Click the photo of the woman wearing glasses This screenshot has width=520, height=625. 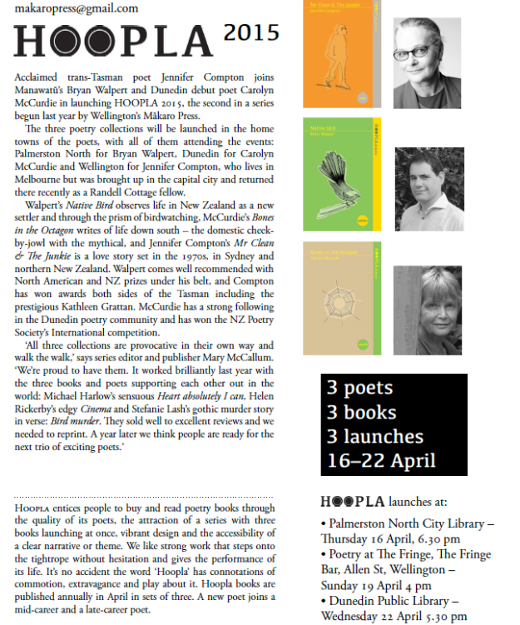pyautogui.click(x=427, y=62)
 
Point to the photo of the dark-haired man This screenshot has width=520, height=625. pyautogui.click(x=427, y=189)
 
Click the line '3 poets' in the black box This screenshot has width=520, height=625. pyautogui.click(x=359, y=389)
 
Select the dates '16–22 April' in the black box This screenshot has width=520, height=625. pyautogui.click(x=381, y=460)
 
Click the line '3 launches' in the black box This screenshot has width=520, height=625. pyautogui.click(x=374, y=436)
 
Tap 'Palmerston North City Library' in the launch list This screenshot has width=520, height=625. pyautogui.click(x=411, y=524)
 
